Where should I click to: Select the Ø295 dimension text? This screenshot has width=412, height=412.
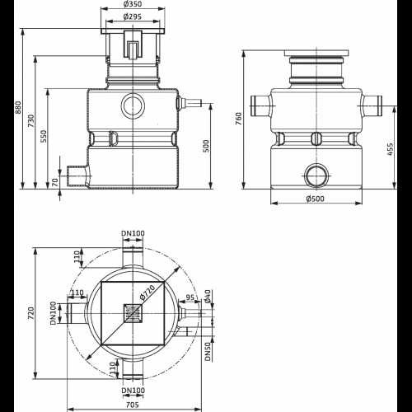[136, 17]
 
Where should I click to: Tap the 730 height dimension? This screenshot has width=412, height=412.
[30, 123]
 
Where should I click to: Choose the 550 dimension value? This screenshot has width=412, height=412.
[43, 137]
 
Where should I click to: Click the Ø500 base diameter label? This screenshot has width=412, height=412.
[315, 199]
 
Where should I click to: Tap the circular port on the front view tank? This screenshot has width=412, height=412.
[133, 105]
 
